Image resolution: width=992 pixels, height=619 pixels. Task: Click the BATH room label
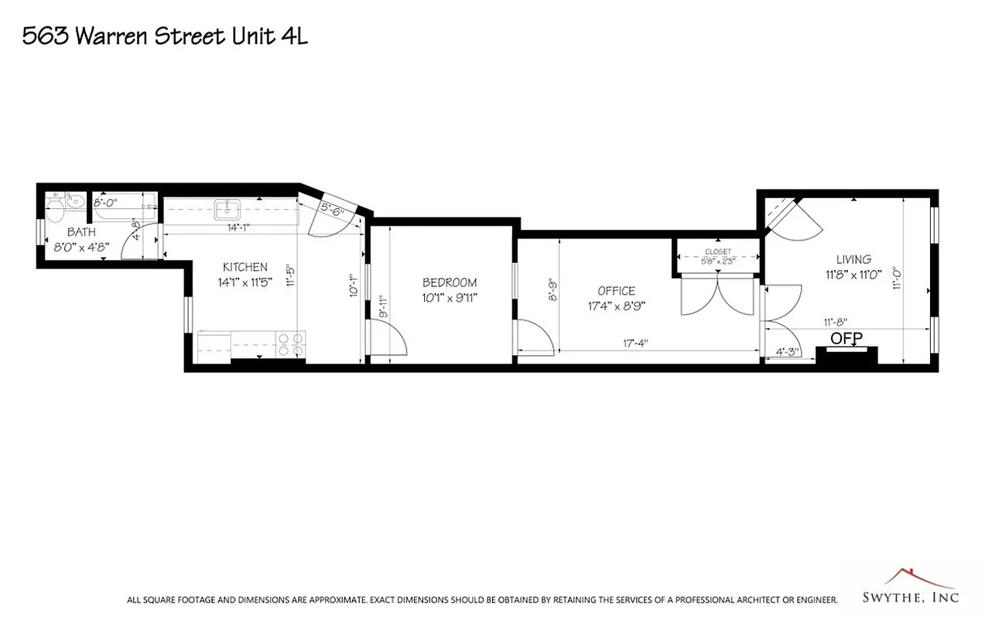point(81,232)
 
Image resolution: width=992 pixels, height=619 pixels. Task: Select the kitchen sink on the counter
point(227,208)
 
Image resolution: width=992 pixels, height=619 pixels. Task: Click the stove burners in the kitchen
point(290,344)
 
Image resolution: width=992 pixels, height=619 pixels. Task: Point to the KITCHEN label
point(245,267)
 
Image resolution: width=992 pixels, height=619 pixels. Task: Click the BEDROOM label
point(449,282)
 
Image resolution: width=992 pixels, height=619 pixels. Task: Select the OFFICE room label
point(616,291)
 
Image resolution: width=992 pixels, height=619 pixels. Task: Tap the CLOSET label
point(717,252)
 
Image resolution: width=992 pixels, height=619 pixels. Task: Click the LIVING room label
point(853,259)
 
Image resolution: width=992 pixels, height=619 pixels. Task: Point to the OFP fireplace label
point(846,338)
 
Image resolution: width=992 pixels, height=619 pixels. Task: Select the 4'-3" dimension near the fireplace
point(788,352)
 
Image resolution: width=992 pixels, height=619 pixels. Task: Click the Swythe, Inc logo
point(910,587)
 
